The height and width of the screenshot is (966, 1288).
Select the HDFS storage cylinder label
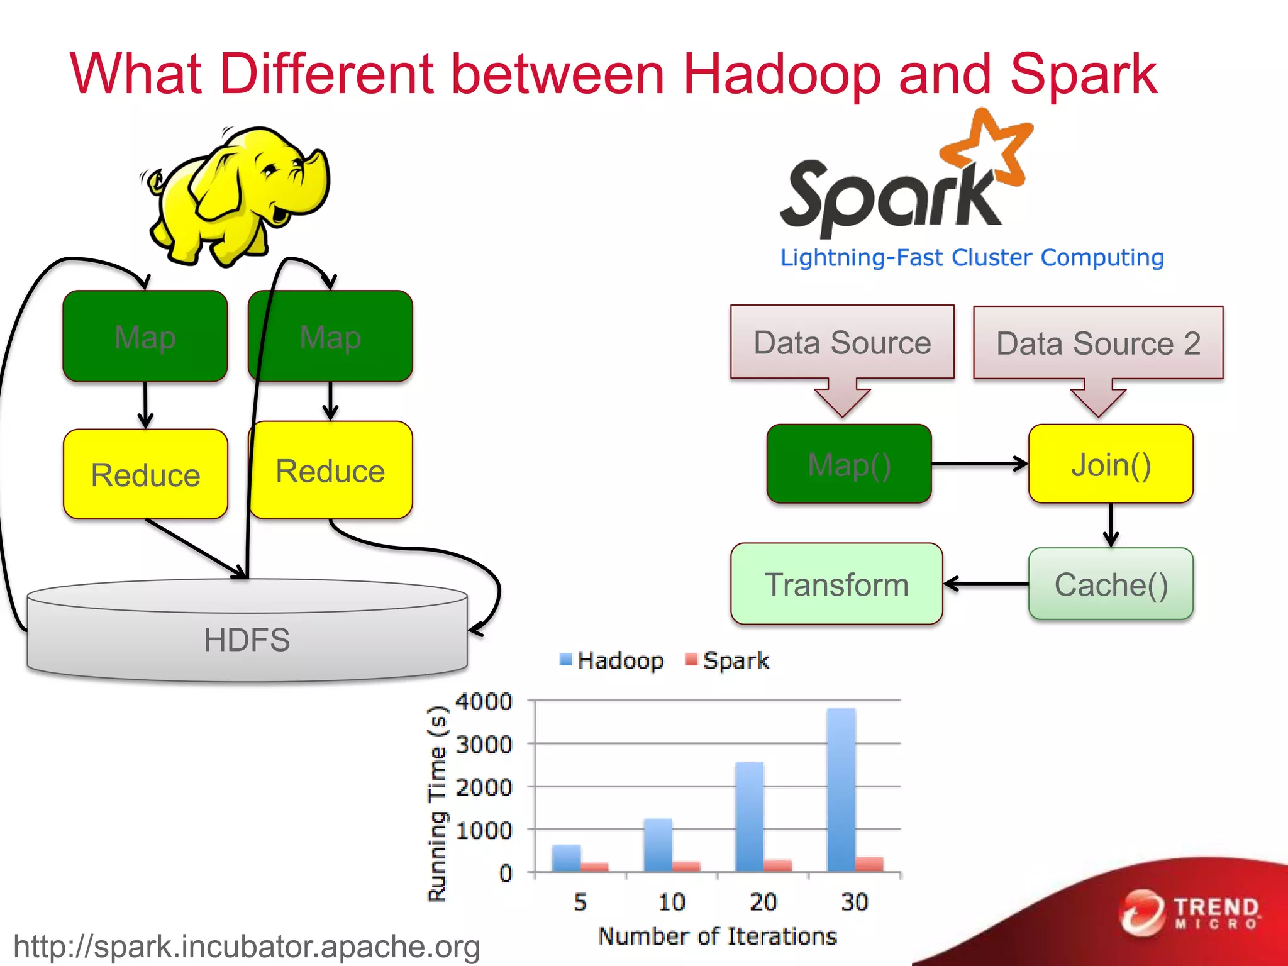click(x=247, y=640)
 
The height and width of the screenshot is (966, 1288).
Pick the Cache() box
click(x=1111, y=584)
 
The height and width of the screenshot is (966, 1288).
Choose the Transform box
click(x=836, y=584)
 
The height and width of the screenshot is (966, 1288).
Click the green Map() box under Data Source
click(x=849, y=464)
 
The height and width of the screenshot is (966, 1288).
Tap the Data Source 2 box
click(x=1098, y=343)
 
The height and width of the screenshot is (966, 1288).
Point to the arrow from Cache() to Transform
click(x=985, y=584)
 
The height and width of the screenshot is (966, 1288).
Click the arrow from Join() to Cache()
click(x=1111, y=525)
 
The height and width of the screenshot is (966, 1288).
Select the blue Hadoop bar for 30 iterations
click(x=841, y=789)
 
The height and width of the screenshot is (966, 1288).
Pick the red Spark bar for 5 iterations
click(x=595, y=867)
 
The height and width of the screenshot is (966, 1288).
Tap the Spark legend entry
click(x=728, y=660)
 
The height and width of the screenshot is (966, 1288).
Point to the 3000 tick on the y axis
click(x=484, y=745)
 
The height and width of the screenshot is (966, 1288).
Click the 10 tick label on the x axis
click(x=671, y=902)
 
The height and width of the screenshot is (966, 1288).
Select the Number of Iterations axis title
click(x=717, y=936)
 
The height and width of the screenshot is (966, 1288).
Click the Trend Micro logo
click(x=1189, y=913)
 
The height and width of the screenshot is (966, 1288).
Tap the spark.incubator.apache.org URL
click(x=247, y=947)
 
